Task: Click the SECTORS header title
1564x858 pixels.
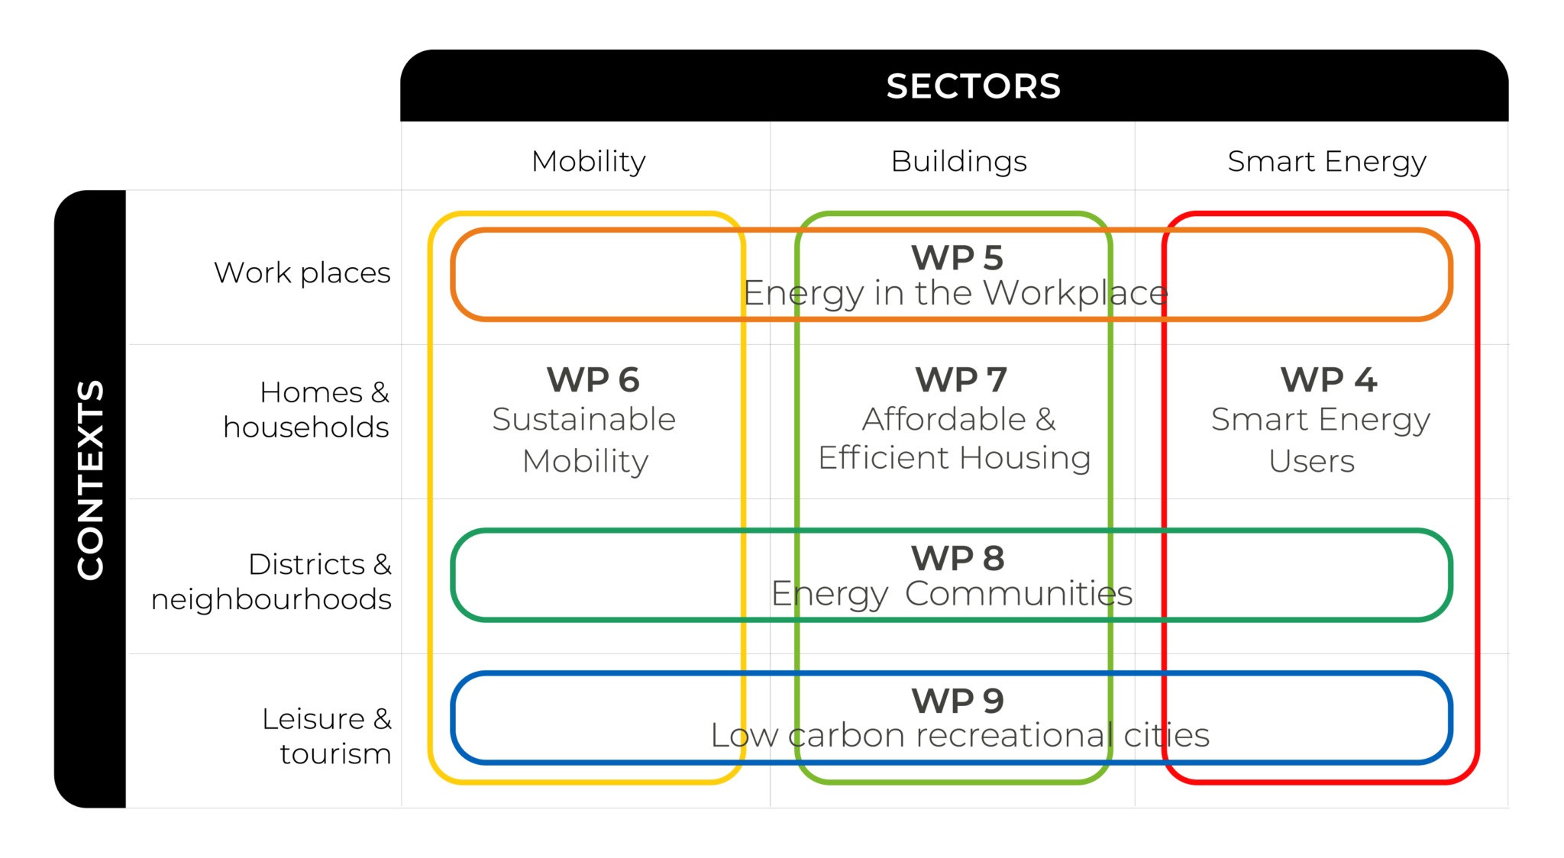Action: (x=973, y=86)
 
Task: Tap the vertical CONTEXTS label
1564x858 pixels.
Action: (x=90, y=480)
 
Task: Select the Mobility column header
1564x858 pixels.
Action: (x=589, y=162)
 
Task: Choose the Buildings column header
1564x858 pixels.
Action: (x=959, y=162)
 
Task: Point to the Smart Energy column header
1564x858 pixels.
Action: (x=1327, y=162)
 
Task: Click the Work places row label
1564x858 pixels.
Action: (x=302, y=273)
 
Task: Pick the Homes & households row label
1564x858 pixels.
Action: (x=306, y=410)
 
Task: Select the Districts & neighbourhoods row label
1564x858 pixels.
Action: (x=272, y=582)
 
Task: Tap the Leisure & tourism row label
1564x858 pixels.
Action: (x=327, y=736)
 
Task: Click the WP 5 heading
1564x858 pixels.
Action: (x=958, y=258)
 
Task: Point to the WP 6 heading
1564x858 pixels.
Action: (x=593, y=380)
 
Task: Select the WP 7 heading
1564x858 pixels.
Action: (x=961, y=380)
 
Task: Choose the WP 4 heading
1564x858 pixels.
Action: (x=1329, y=380)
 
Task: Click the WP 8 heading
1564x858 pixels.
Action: (x=958, y=558)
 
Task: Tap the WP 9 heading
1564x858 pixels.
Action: (x=958, y=701)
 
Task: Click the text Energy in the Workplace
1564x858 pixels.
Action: (x=955, y=294)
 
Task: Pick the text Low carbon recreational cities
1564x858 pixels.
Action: (x=960, y=736)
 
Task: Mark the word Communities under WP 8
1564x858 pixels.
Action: (x=1019, y=594)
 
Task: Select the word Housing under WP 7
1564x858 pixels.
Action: (x=1025, y=459)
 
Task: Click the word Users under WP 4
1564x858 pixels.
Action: (x=1312, y=462)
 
